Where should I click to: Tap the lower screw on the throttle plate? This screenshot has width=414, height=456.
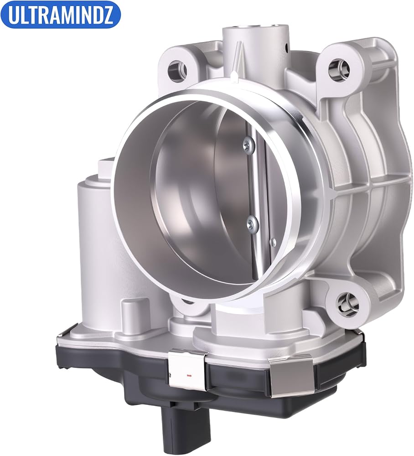click(x=251, y=223)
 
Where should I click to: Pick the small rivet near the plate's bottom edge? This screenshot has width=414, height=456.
click(x=272, y=240)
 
